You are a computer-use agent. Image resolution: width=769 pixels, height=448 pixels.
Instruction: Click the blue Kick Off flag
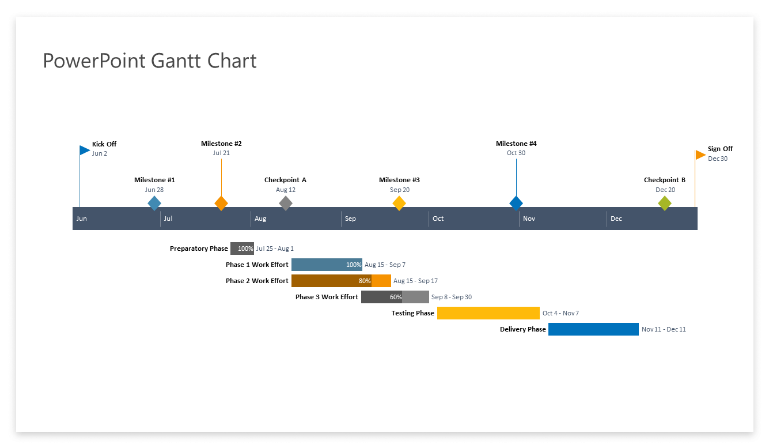85,150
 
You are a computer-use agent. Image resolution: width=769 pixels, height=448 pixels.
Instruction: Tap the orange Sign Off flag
700,155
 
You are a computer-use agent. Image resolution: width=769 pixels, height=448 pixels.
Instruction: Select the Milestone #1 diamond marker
154,203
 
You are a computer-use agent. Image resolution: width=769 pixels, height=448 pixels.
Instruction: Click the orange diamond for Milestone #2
221,203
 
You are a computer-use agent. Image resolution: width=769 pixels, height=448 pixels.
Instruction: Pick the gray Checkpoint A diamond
286,203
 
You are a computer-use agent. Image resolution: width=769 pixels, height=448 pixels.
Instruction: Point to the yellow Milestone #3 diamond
399,203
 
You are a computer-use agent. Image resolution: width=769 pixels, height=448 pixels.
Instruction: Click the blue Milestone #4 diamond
516,203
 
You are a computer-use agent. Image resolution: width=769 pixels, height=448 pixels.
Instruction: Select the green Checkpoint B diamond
665,203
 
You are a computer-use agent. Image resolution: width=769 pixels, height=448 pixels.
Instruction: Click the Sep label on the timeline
350,219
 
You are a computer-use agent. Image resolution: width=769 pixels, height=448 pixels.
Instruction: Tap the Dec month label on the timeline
616,219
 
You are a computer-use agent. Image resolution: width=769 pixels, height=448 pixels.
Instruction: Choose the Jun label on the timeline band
82,219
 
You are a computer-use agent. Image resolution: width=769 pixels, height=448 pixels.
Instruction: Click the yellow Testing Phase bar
488,313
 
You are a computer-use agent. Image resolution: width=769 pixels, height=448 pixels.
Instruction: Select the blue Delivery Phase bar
593,329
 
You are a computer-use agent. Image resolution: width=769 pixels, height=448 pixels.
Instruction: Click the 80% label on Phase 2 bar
365,281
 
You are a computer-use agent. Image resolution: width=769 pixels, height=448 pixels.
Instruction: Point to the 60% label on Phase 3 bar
396,297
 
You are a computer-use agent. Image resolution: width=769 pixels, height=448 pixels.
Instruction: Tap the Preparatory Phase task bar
242,249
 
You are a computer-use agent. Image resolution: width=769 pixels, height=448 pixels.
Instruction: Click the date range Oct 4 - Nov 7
560,313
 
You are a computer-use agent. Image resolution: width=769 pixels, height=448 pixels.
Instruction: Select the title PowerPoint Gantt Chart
150,61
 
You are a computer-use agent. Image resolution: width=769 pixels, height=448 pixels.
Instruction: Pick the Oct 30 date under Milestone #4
516,153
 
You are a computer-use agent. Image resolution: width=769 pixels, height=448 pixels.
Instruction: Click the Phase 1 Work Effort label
257,265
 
